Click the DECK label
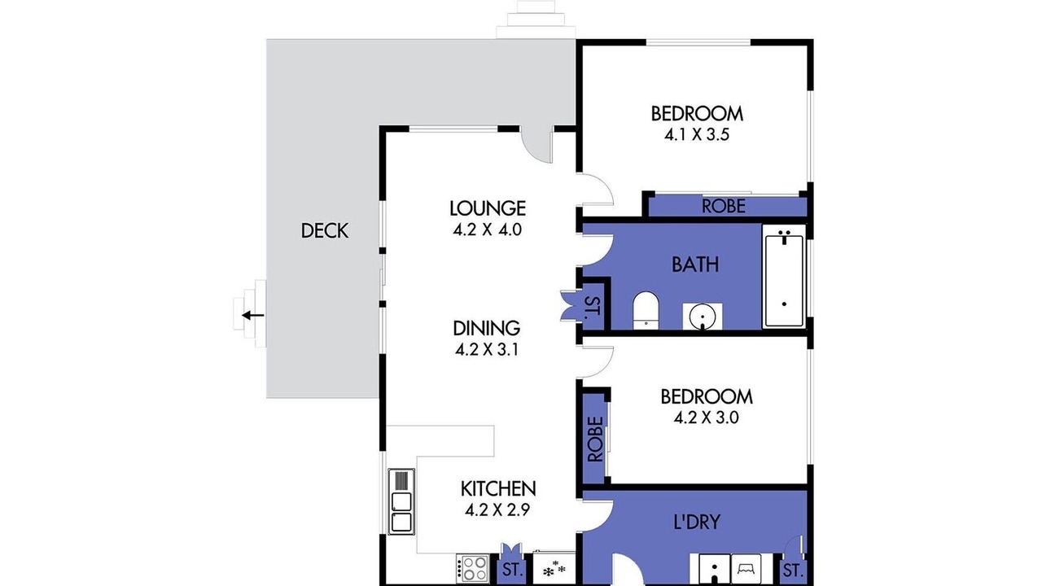pos(324,230)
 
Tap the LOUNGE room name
pos(488,208)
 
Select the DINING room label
pos(487,328)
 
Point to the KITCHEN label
pos(498,489)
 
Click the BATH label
pos(695,265)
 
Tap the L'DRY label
pos(697,522)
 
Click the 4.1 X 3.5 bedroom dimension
pos(696,135)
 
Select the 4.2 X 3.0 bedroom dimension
pos(706,418)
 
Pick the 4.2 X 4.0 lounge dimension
pos(487,230)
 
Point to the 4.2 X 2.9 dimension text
pos(497,510)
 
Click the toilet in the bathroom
pos(646,310)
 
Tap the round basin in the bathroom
pos(703,317)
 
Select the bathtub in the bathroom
pos(784,276)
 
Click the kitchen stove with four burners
pos(473,568)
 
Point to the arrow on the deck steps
pos(253,316)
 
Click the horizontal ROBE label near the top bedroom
pos(724,206)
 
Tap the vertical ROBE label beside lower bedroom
pos(595,439)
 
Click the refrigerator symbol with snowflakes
pos(554,568)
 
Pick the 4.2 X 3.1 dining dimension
pos(487,350)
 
